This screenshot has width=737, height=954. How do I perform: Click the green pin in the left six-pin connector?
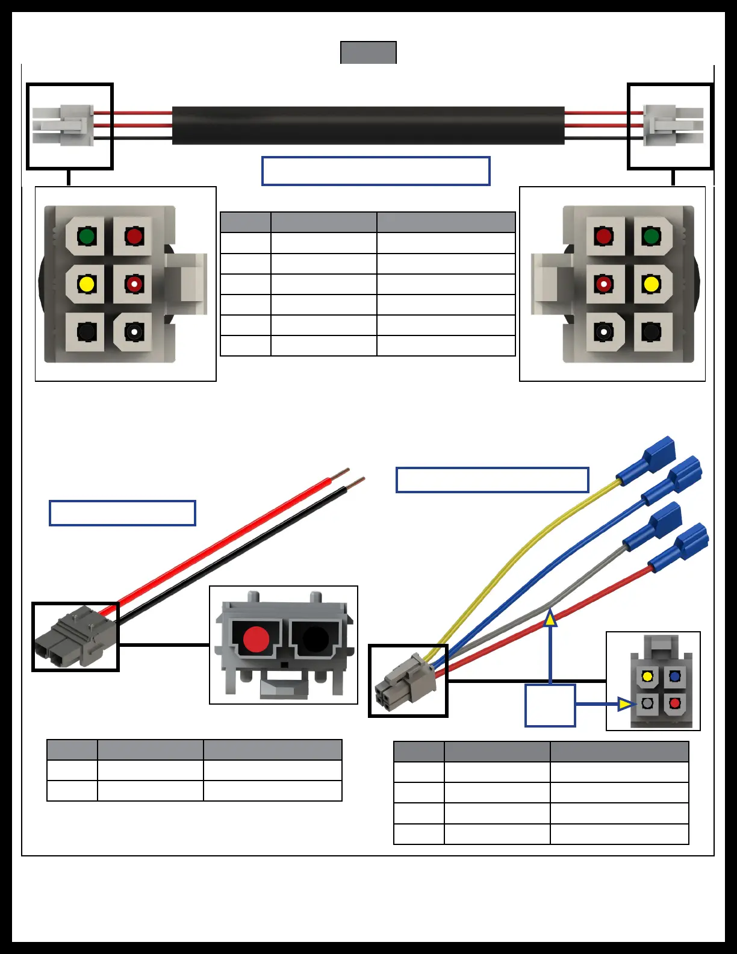pyautogui.click(x=87, y=235)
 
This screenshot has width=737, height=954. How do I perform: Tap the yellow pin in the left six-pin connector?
pyautogui.click(x=87, y=284)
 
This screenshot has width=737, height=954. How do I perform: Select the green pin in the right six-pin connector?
pyautogui.click(x=651, y=235)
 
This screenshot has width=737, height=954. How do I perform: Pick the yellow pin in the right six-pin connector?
pyautogui.click(x=651, y=284)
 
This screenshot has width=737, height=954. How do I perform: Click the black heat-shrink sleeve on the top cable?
pyautogui.click(x=368, y=125)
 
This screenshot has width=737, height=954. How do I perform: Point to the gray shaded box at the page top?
pyautogui.click(x=368, y=52)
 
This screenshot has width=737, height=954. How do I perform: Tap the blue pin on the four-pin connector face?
pyautogui.click(x=674, y=676)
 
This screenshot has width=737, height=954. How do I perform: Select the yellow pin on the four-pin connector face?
pyautogui.click(x=647, y=676)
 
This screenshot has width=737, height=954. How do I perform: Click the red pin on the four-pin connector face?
pyautogui.click(x=674, y=703)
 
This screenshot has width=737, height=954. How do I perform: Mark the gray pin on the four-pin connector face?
pyautogui.click(x=647, y=703)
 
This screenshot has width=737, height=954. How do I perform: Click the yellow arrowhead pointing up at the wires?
pyautogui.click(x=550, y=619)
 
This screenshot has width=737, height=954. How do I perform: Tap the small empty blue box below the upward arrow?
pyautogui.click(x=550, y=705)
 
